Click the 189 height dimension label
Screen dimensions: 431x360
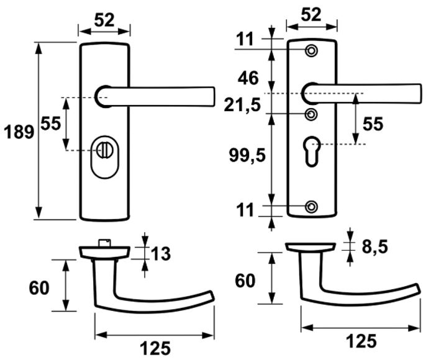coord(19,132)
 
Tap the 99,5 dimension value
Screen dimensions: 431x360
coord(247,156)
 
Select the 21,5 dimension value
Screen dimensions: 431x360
coord(242,105)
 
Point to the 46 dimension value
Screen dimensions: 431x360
coord(248,78)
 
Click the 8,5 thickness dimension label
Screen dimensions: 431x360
coord(374,246)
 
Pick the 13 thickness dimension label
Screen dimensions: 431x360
coord(161,254)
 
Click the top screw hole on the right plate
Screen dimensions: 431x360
coord(311,51)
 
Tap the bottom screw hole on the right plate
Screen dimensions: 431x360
coord(311,207)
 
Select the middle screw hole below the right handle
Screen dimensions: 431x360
coord(312,114)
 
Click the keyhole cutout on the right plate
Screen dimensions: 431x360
coord(312,151)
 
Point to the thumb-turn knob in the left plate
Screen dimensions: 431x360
coord(104,150)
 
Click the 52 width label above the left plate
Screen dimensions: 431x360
coord(104,20)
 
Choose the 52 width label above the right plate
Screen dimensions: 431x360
coord(311,14)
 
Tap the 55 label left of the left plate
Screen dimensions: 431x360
coord(50,124)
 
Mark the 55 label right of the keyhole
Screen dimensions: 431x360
coord(373,124)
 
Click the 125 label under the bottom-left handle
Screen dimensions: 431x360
coord(155,348)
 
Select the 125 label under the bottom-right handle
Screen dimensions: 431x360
coord(361,341)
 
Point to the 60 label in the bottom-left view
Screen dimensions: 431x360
coord(39,288)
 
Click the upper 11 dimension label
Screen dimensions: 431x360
coord(245,39)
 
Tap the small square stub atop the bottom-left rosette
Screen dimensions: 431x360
coord(105,243)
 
